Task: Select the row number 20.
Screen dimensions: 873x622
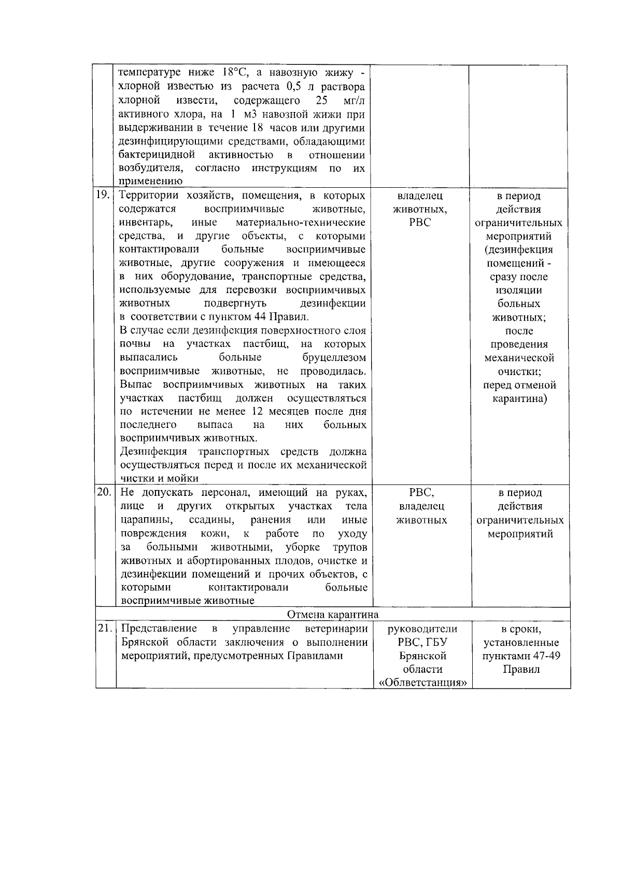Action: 104,492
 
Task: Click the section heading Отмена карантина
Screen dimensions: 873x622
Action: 333,614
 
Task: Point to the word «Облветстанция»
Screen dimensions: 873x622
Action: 422,683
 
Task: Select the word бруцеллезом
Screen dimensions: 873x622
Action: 334,357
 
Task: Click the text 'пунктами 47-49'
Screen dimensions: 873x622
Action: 521,656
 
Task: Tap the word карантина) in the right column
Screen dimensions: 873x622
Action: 519,398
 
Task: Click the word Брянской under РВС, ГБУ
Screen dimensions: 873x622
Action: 422,656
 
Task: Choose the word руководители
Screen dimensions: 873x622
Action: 422,629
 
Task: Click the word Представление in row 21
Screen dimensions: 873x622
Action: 159,629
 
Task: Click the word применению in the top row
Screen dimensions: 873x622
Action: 150,181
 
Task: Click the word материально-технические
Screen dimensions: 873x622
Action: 300,223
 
